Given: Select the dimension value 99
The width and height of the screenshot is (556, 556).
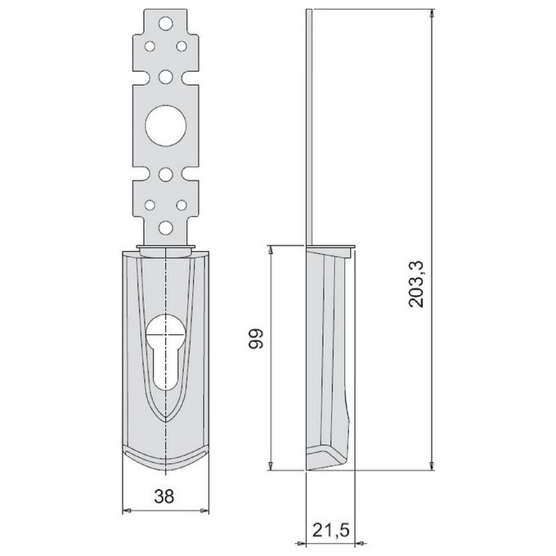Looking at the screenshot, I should pyautogui.click(x=256, y=339).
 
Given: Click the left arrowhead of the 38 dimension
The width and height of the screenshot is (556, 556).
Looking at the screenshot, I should pyautogui.click(x=126, y=511).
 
